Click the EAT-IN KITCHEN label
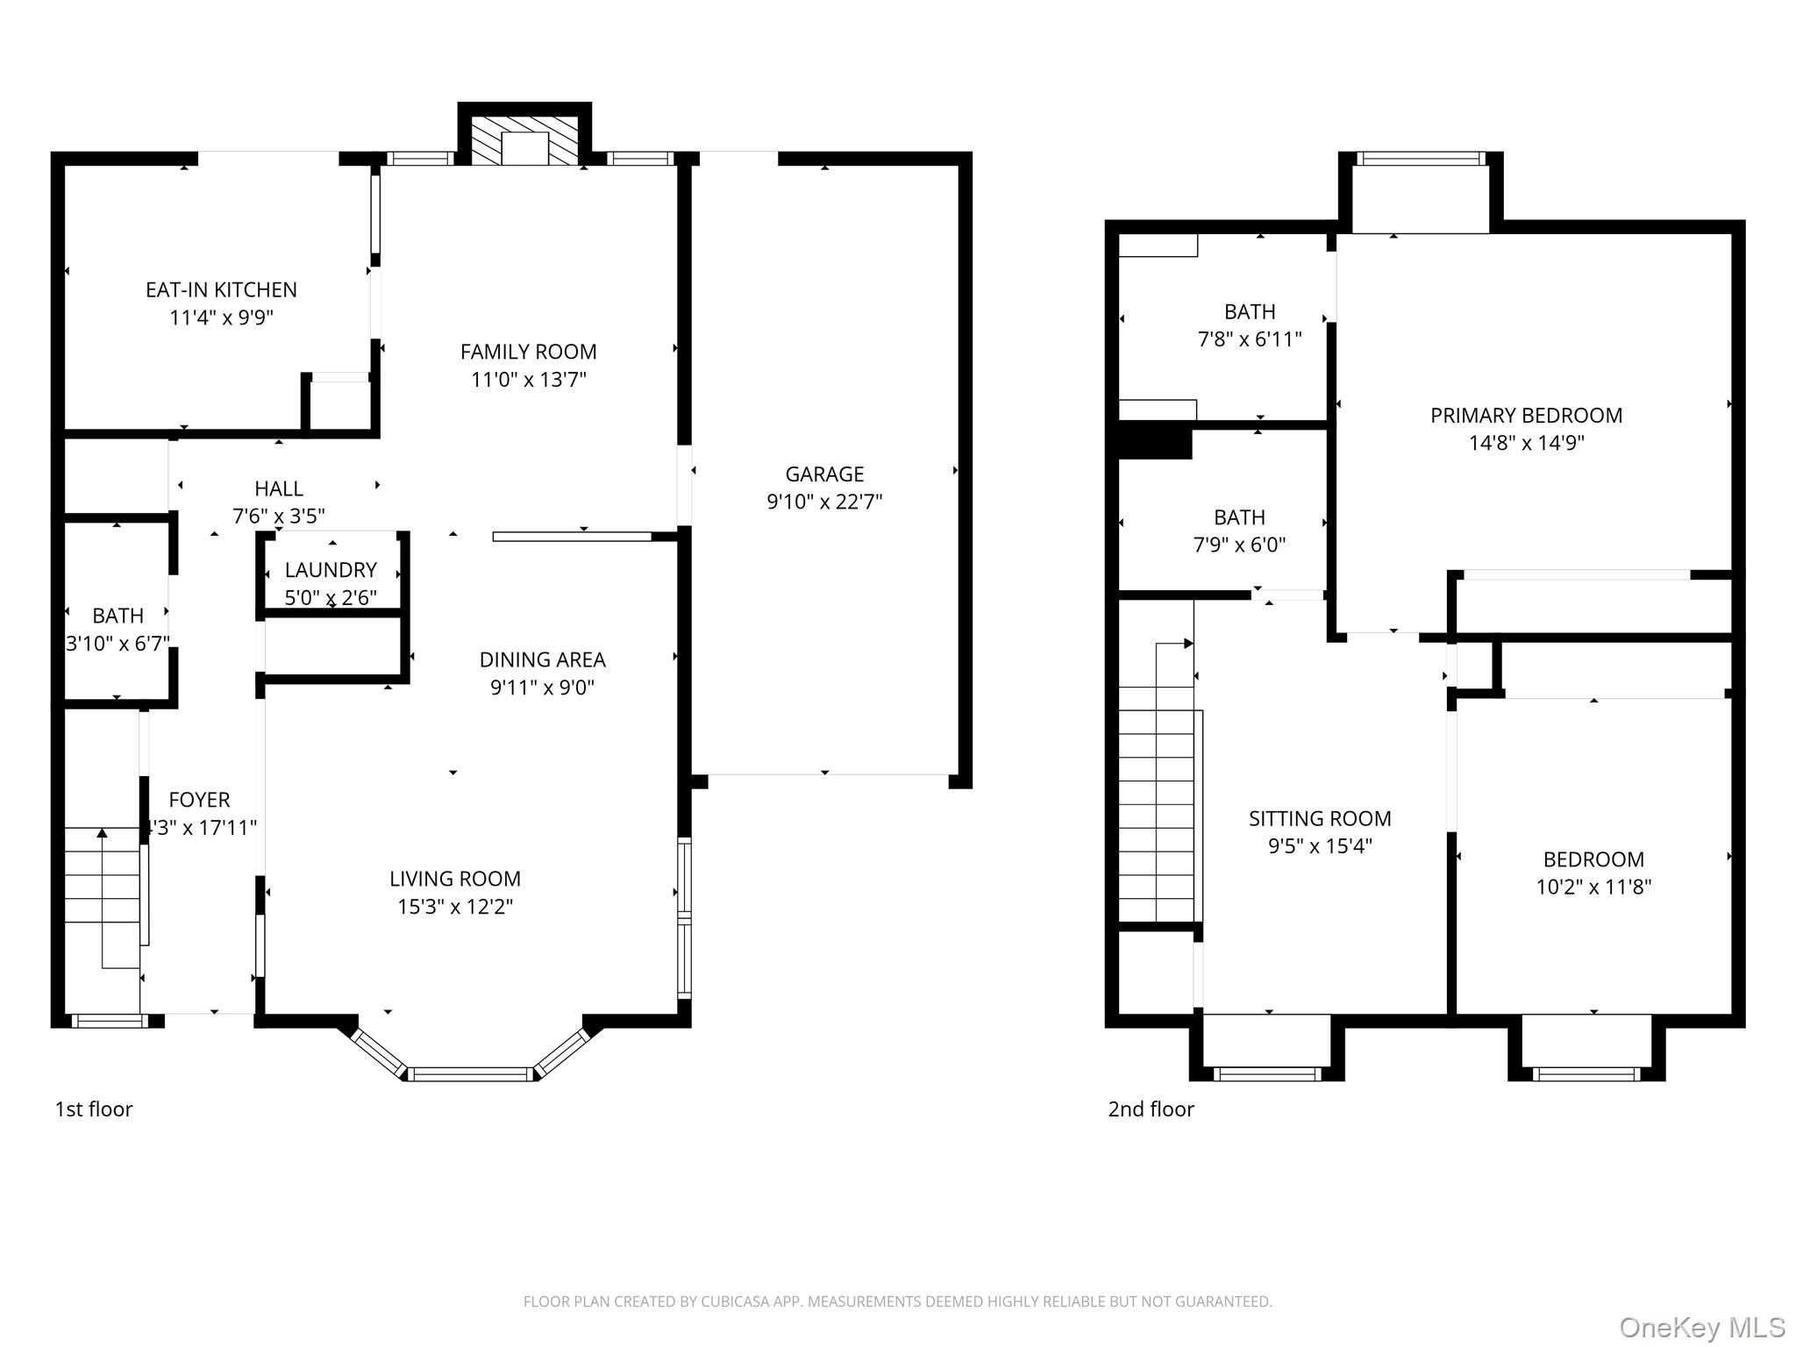(x=221, y=289)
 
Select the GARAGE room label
(x=824, y=474)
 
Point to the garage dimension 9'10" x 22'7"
(x=824, y=502)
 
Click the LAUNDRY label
(x=331, y=570)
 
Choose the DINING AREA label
(x=542, y=659)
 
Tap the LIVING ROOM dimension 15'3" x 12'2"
(x=455, y=907)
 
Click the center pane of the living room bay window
(x=471, y=1073)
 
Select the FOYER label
(x=199, y=800)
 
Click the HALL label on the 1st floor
(x=279, y=488)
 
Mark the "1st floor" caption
(x=94, y=1109)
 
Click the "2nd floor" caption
(x=1151, y=1109)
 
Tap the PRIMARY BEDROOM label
(x=1526, y=416)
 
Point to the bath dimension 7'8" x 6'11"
(x=1250, y=339)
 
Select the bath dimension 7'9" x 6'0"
(x=1239, y=545)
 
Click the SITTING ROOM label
(x=1320, y=818)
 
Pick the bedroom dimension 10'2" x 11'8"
(x=1593, y=887)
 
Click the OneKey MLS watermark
(x=1702, y=1328)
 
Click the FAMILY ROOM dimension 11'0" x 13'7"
(x=528, y=380)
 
